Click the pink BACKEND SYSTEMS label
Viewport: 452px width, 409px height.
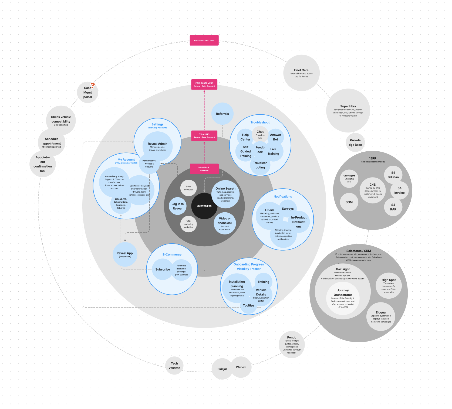(x=204, y=40)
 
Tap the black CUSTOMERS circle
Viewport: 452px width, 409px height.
(x=204, y=206)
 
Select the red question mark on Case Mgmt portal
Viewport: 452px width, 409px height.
(x=93, y=86)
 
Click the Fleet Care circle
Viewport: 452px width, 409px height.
(x=301, y=73)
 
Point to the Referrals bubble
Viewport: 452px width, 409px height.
(x=222, y=114)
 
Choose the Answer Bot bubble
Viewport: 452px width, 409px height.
(x=275, y=137)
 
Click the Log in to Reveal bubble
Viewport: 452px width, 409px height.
(x=177, y=206)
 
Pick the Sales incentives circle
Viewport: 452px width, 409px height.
(x=188, y=188)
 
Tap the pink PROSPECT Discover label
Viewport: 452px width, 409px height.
(x=204, y=169)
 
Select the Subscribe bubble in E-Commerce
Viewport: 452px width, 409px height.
(x=163, y=269)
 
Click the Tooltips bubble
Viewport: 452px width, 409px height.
(x=248, y=306)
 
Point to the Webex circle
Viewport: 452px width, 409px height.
(x=241, y=367)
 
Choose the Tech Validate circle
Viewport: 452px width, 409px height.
(x=174, y=366)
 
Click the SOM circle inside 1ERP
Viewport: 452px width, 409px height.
(x=349, y=202)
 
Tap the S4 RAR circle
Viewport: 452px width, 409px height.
(x=393, y=207)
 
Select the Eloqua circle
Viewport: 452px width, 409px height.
(x=381, y=316)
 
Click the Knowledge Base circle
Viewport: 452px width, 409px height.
(x=355, y=142)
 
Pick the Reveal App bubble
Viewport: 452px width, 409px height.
(x=125, y=254)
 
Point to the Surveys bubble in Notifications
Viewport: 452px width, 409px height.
(x=288, y=209)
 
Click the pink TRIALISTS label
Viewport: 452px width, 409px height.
(x=204, y=136)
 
